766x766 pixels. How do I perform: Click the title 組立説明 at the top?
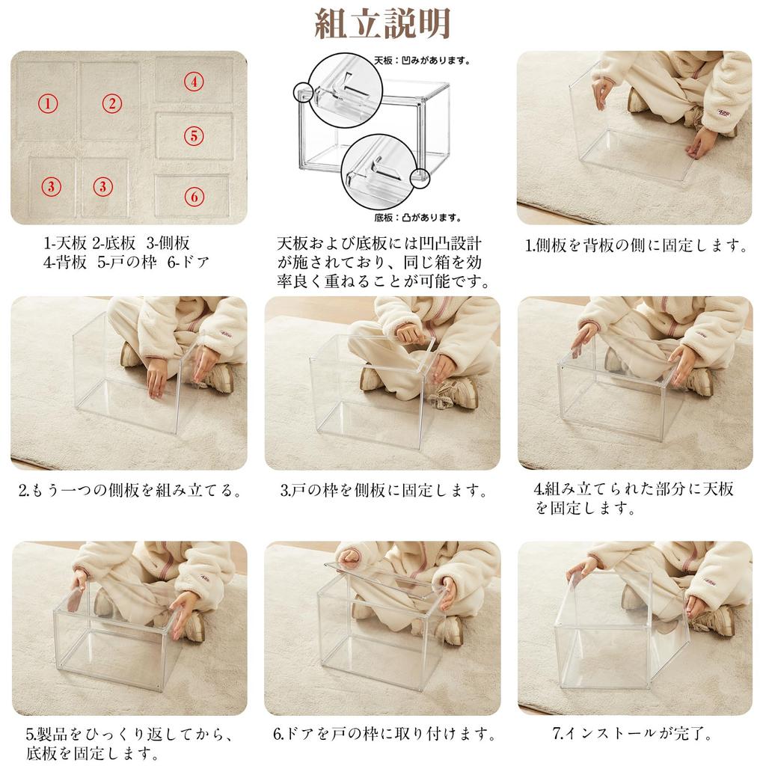click(x=382, y=23)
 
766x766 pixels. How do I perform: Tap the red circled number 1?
click(x=48, y=103)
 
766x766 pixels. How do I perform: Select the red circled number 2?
click(x=112, y=103)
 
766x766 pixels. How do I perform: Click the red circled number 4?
click(x=194, y=81)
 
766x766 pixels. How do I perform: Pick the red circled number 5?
click(x=194, y=135)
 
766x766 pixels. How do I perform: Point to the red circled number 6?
click(x=194, y=197)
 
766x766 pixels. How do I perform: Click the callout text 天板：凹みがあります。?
click(x=422, y=61)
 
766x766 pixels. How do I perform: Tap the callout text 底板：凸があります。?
click(x=417, y=218)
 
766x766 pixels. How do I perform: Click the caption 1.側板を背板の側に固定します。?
click(x=636, y=245)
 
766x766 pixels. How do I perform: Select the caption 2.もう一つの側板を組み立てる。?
click(x=130, y=490)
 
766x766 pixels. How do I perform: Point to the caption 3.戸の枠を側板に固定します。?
click(x=384, y=490)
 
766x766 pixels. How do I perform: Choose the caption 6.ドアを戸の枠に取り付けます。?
click(x=384, y=733)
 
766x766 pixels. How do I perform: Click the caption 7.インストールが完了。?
click(x=632, y=733)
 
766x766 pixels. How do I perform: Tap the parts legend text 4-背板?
click(x=65, y=263)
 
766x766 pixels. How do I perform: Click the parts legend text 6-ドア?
click(x=188, y=263)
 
